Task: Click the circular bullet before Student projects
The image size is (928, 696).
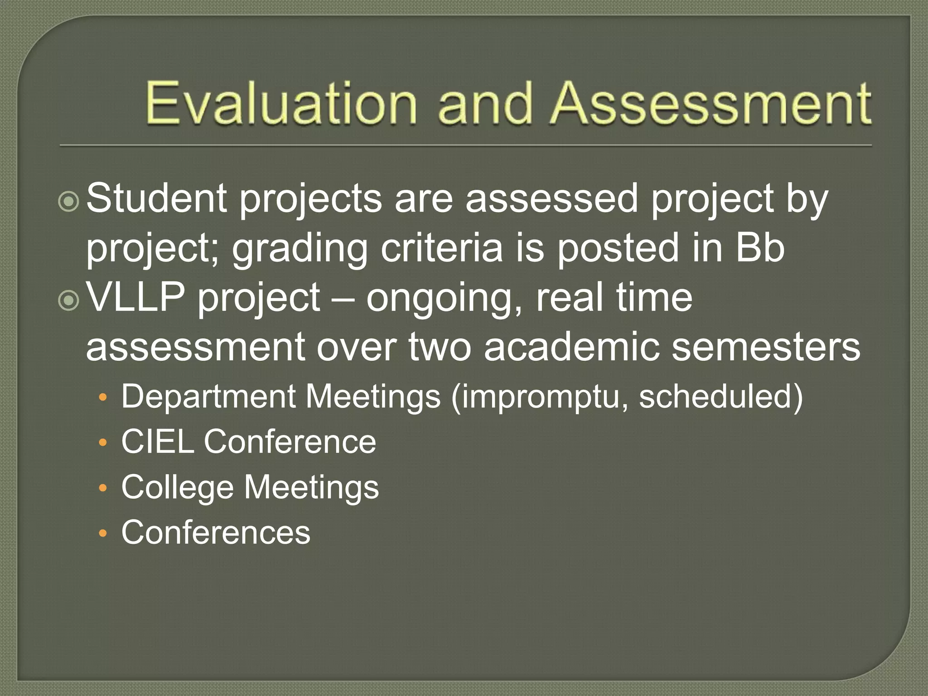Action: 69,201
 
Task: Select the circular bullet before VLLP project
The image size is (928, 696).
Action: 69,301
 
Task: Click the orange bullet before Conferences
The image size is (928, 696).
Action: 103,533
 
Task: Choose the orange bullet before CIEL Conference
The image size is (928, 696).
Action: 103,443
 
